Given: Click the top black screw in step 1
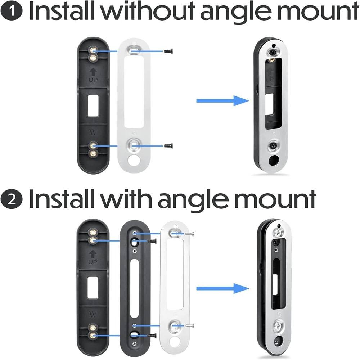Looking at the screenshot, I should (x=168, y=51).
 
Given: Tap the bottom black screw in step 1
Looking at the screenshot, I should (x=168, y=145).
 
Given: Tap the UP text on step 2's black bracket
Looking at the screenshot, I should (x=93, y=262).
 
